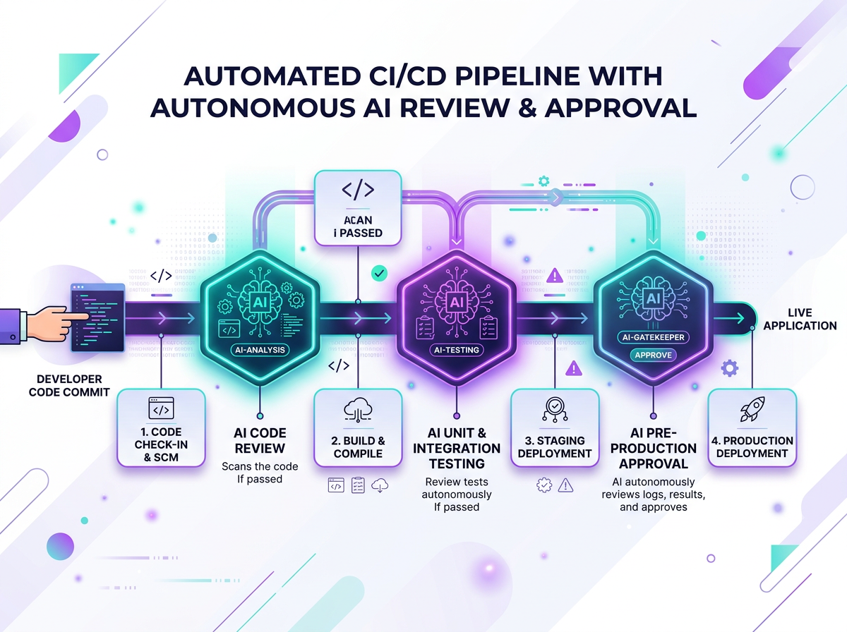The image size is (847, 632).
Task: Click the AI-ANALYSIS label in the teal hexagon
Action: coord(260,349)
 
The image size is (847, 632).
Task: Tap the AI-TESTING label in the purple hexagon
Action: coord(455,349)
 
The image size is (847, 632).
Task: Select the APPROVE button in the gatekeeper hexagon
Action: coord(653,354)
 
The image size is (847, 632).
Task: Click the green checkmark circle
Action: coord(380,272)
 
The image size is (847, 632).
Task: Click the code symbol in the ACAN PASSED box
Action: coord(357,189)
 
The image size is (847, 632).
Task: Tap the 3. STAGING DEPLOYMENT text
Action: coord(554,446)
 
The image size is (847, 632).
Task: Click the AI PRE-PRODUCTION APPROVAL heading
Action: coord(652,448)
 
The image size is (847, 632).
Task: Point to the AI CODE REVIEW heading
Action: coord(260,440)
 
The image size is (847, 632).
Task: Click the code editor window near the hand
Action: coord(98,317)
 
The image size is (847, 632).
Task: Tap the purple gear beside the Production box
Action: coord(730,367)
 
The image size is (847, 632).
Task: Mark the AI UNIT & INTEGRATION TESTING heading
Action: coord(457,448)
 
